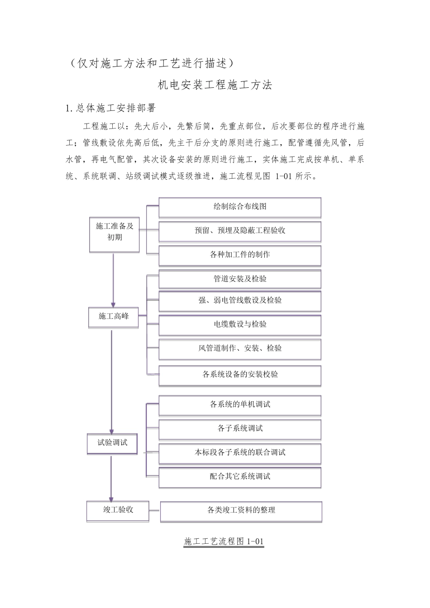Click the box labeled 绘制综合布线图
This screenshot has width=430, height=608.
point(240,207)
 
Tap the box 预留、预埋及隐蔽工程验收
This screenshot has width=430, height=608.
point(240,231)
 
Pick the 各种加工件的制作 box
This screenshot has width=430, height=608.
point(240,255)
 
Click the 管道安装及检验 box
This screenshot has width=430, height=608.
point(240,279)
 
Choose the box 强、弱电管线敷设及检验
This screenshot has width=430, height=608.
point(240,300)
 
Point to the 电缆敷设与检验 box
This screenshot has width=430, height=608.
point(240,324)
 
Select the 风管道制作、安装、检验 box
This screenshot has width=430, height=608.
point(240,348)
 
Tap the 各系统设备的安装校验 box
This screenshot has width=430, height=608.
point(240,375)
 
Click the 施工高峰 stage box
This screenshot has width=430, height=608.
point(114,317)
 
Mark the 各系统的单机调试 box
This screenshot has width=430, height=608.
point(240,404)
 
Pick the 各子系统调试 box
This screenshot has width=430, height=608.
point(240,428)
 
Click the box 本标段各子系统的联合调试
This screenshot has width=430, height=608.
point(240,452)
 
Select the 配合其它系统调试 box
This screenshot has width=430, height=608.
point(240,476)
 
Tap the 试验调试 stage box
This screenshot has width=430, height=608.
point(112,443)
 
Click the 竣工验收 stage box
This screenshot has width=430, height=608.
point(118,510)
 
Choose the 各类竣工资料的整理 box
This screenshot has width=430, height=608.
point(241,510)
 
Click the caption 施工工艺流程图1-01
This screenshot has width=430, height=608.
point(224,541)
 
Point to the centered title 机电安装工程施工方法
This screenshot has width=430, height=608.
point(215,85)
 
